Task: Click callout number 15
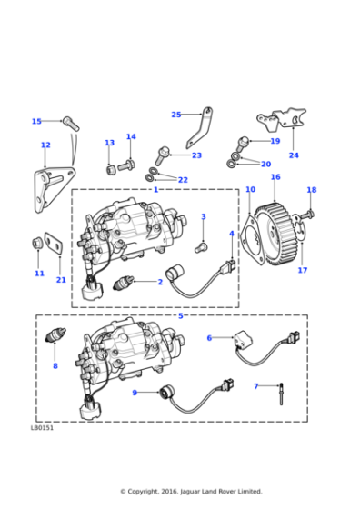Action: (x=36, y=121)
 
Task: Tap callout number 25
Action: (x=176, y=115)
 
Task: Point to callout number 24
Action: (x=293, y=155)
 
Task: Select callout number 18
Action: (x=311, y=190)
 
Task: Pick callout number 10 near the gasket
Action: (x=250, y=190)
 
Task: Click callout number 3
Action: (x=203, y=216)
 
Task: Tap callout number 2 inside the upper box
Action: (x=159, y=282)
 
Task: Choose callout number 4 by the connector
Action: (x=232, y=234)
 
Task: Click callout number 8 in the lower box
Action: (x=55, y=365)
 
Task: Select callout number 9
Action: (x=135, y=393)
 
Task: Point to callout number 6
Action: (x=209, y=337)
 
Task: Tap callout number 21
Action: (x=61, y=280)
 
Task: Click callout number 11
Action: (x=39, y=274)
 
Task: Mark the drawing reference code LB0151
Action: (x=42, y=428)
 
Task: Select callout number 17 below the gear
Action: (x=302, y=270)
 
